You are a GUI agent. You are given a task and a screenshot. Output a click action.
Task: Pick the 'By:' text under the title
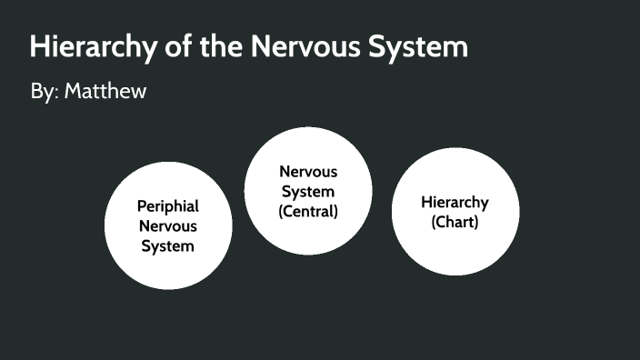pos(45,92)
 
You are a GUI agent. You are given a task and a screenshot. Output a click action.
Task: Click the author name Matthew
pos(105,92)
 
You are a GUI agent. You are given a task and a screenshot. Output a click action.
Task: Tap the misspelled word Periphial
pos(168,206)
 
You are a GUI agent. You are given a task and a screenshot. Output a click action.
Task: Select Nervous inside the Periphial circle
pos(168,225)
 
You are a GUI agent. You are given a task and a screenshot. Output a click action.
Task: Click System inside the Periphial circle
pos(168,245)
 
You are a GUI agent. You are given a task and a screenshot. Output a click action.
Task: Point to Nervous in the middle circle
pos(308,171)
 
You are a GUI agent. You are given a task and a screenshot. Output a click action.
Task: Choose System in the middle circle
pos(308,191)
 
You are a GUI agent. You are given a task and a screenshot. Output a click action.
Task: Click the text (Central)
pos(308,211)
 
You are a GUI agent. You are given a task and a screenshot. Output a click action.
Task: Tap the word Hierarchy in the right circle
pos(455,202)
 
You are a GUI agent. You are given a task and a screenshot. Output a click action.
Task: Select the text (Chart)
pos(455,222)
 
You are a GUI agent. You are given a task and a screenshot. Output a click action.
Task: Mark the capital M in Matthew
pos(72,92)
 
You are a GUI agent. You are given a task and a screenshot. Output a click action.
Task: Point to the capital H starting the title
pos(38,47)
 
